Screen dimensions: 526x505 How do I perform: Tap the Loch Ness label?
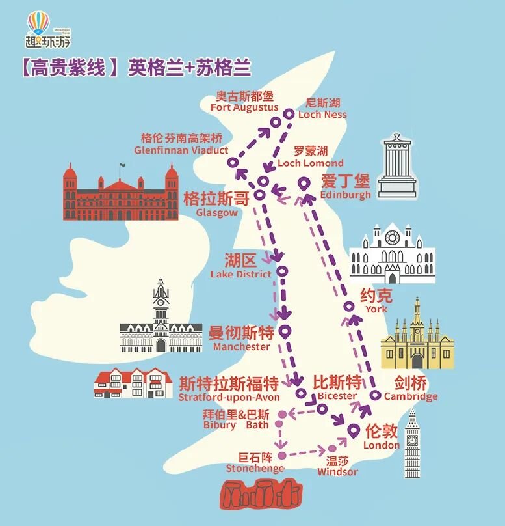(322, 109)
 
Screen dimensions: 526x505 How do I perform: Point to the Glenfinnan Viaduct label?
(181, 145)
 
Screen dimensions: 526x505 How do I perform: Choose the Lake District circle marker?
(282, 271)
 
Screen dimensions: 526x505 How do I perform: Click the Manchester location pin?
(284, 331)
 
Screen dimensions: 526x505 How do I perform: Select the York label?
(376, 301)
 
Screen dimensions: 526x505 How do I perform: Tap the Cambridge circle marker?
(375, 395)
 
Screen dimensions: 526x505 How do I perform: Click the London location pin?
(354, 430)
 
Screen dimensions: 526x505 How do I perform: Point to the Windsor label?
(337, 465)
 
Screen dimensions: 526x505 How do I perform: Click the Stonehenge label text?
(255, 463)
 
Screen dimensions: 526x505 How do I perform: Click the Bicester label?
(336, 388)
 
